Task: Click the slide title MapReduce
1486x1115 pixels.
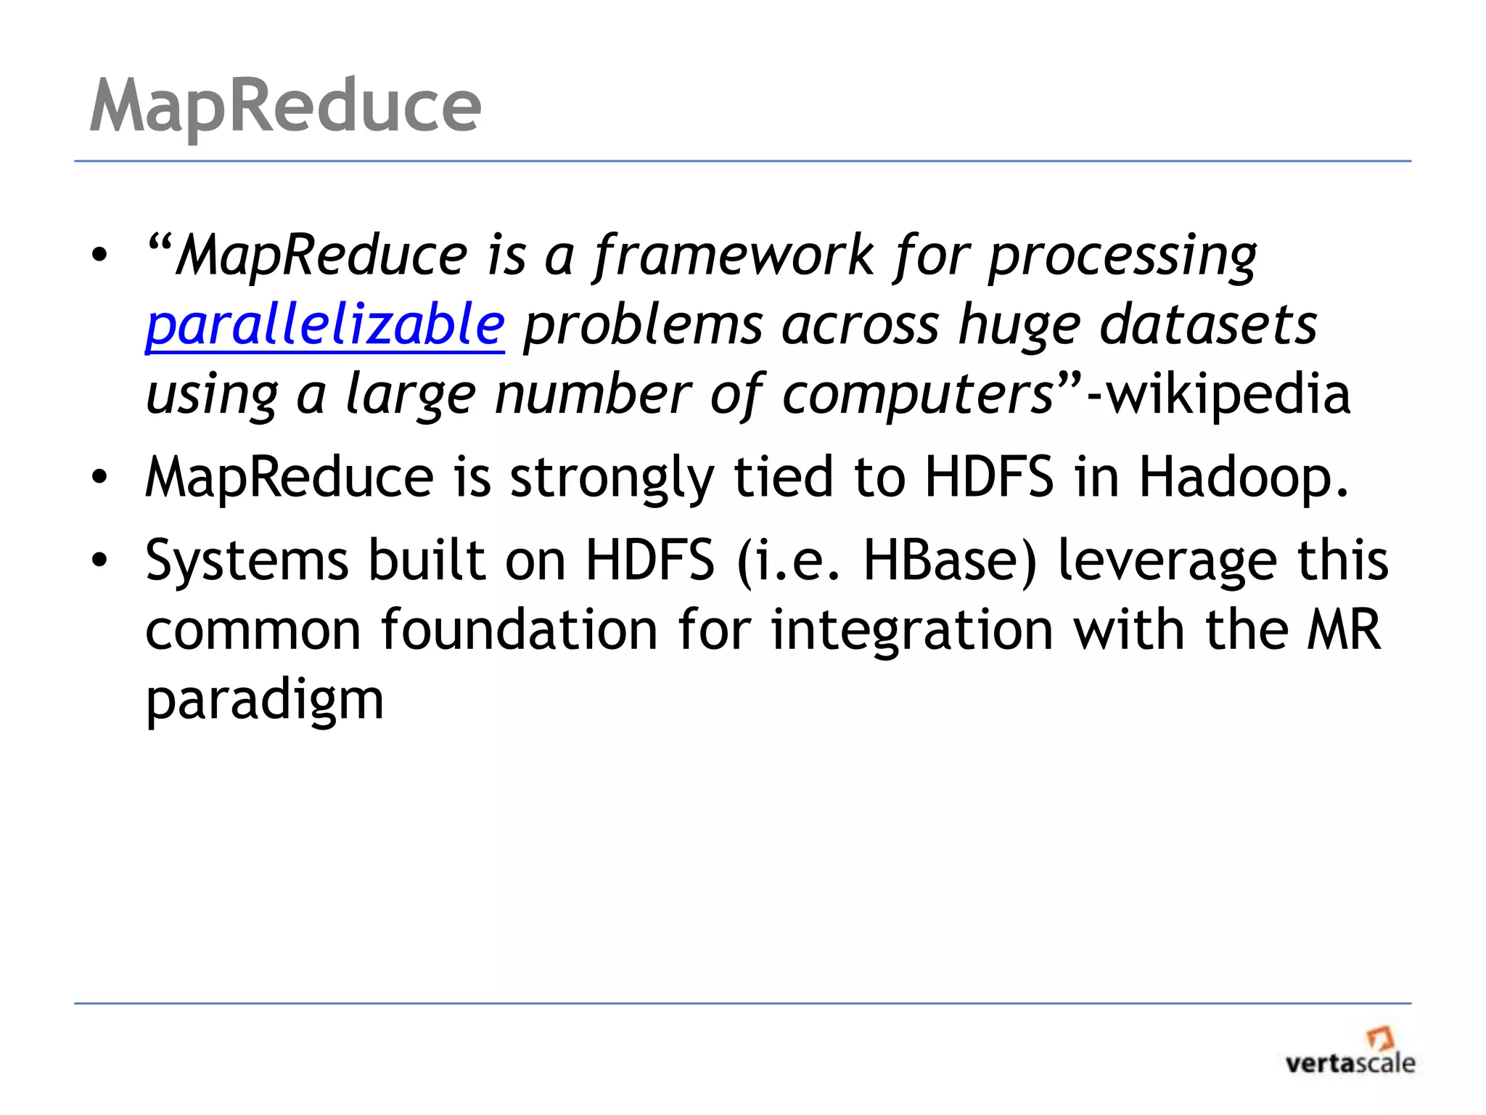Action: click(x=285, y=107)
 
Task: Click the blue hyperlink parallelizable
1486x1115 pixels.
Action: click(x=325, y=324)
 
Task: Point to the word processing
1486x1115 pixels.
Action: click(x=1122, y=257)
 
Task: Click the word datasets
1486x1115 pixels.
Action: click(x=1208, y=324)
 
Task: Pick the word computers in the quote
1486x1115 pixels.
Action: click(x=918, y=396)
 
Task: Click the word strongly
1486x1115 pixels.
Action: click(x=612, y=479)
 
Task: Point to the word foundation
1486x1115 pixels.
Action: click(x=520, y=629)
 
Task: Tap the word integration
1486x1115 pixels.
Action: click(x=911, y=630)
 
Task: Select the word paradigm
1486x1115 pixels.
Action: click(x=265, y=701)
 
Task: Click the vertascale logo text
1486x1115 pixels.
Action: click(x=1350, y=1064)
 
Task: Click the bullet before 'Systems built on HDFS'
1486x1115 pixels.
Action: click(x=99, y=560)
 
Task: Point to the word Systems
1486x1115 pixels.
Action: click(x=247, y=560)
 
